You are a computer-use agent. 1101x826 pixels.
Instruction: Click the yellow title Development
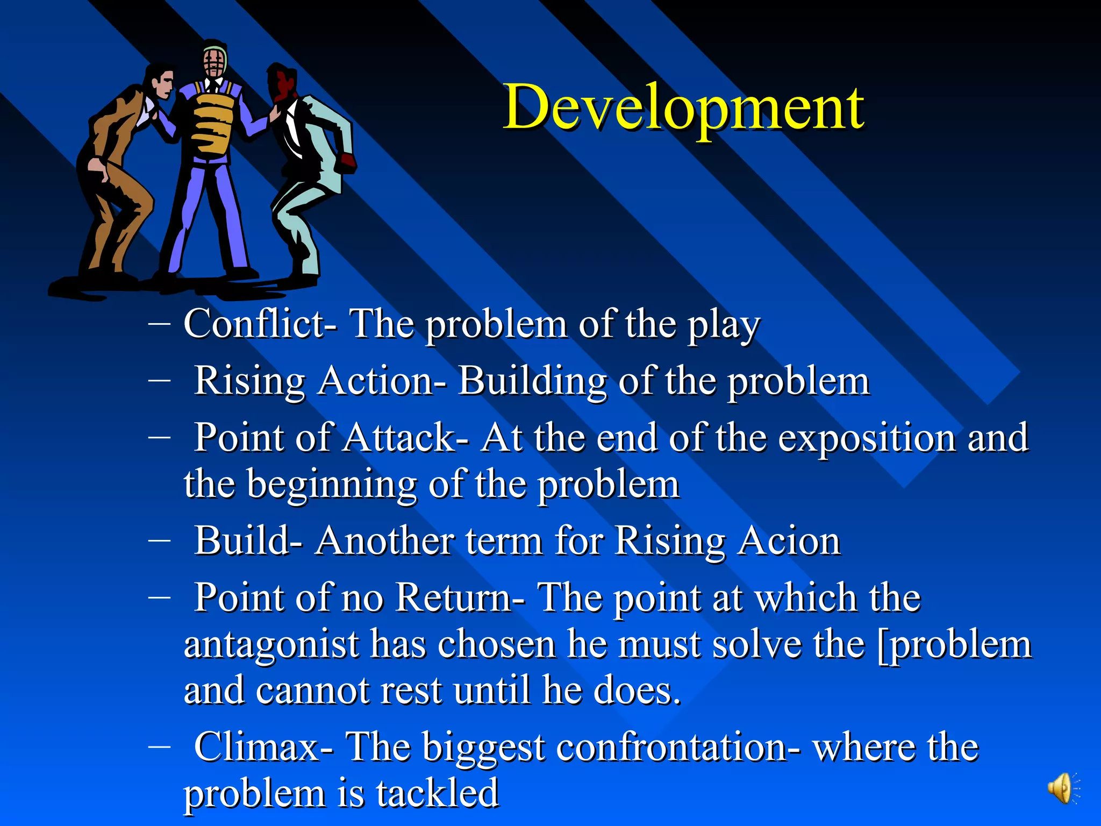point(683,108)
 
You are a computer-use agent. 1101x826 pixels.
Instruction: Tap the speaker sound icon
point(1062,788)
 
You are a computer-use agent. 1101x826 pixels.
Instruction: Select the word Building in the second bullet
point(532,381)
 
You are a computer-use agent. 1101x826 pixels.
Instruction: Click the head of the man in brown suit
point(161,81)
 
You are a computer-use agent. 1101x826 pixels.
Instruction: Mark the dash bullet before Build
point(159,540)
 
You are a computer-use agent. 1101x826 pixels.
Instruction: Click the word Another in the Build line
point(384,541)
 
